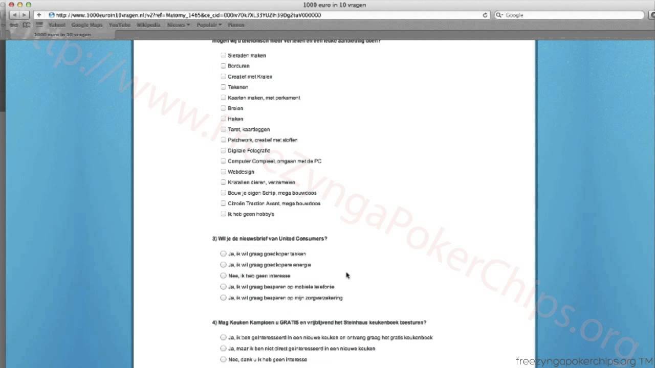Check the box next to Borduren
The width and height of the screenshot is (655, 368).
point(223,66)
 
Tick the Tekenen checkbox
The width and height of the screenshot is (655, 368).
point(223,87)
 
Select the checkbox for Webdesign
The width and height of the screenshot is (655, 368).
point(223,172)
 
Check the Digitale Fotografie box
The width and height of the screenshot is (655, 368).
point(223,150)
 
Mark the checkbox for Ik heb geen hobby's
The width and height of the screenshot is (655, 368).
point(223,214)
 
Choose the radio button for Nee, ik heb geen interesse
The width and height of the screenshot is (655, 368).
point(223,275)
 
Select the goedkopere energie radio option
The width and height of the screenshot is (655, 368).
point(223,265)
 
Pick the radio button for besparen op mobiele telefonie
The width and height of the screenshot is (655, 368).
point(223,287)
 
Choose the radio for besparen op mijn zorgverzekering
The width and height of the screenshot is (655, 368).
point(223,297)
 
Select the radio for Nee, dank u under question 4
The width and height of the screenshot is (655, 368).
point(223,359)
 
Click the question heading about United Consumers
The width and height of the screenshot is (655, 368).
point(270,239)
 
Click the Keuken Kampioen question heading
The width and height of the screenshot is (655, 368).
point(319,323)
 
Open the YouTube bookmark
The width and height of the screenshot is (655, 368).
point(119,25)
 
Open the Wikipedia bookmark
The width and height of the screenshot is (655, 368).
point(148,25)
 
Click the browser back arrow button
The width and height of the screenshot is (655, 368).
point(14,15)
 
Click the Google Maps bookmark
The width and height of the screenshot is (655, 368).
point(87,25)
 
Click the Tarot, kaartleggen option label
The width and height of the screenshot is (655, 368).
point(249,129)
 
